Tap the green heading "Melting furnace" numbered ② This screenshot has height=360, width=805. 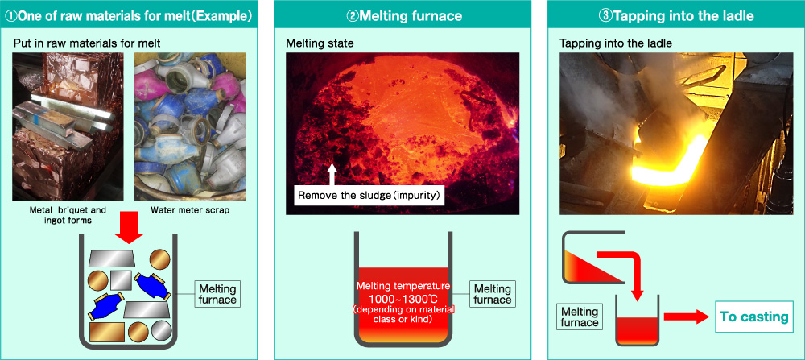click(405, 16)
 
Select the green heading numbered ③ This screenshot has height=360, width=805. click(676, 16)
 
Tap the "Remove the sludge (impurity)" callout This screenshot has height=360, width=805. click(368, 196)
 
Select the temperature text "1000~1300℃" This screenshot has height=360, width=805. click(403, 298)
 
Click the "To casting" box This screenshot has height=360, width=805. click(753, 317)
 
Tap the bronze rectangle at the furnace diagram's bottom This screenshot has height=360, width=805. click(107, 332)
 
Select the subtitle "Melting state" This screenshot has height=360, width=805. click(320, 43)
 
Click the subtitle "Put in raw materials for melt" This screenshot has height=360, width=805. click(87, 43)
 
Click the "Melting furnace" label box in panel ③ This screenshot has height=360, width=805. click(580, 317)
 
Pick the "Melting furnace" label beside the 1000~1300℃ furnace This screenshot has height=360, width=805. click(493, 294)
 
